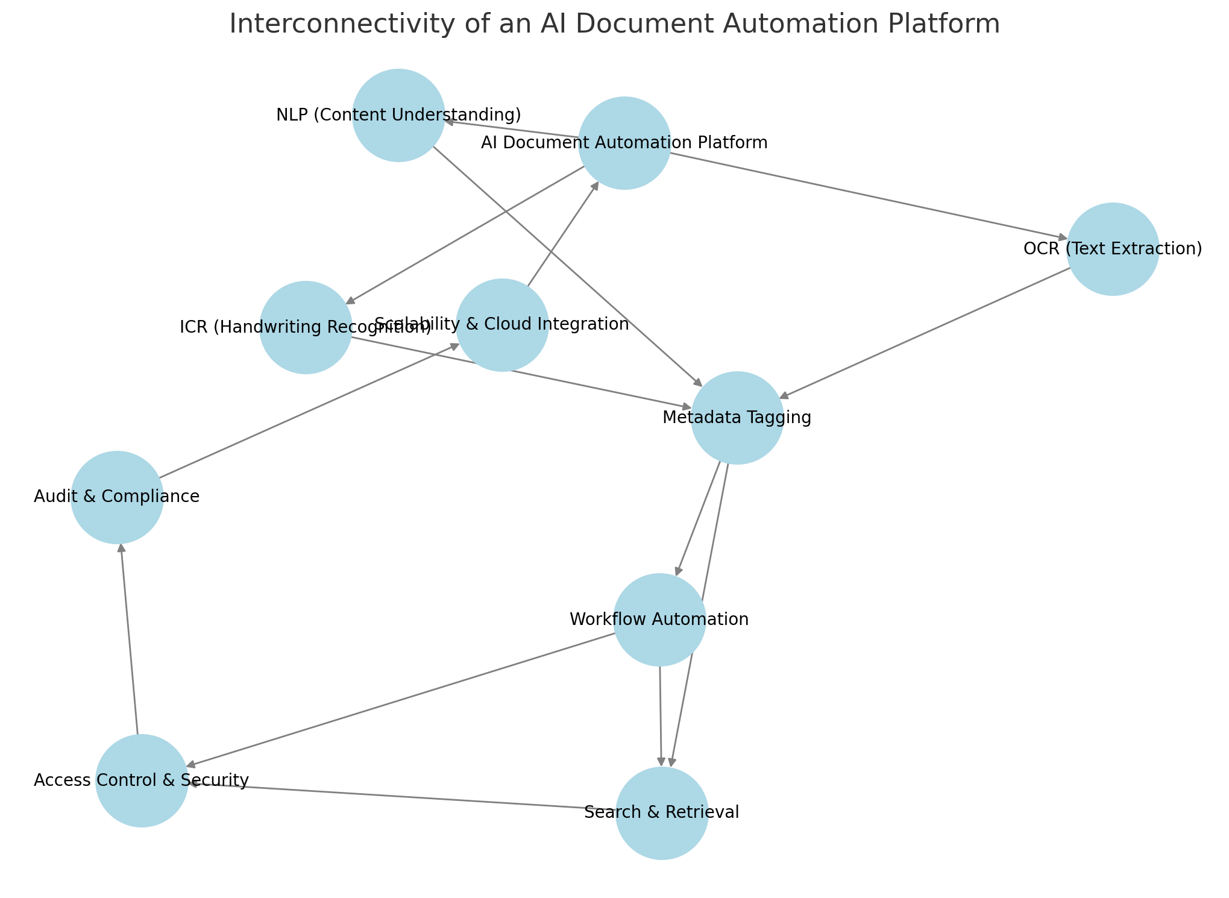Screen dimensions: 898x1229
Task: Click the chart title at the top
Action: pos(614,25)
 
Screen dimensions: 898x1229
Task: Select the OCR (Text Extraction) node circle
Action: pos(1113,249)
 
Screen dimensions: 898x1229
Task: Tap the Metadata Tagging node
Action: pos(737,418)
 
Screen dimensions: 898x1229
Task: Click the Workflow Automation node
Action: pos(659,620)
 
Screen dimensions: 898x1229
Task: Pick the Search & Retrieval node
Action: pos(661,813)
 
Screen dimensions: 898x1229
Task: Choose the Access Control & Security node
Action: pos(142,780)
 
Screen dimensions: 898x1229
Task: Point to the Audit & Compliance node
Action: pos(117,497)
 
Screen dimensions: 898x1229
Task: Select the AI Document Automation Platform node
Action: pos(624,143)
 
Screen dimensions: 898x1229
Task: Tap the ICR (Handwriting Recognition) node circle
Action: pos(306,327)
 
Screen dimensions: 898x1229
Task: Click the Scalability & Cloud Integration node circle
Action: pos(502,325)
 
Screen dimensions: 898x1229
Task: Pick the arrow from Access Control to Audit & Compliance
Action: pos(130,639)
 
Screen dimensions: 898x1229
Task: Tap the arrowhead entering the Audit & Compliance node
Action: pos(121,548)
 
